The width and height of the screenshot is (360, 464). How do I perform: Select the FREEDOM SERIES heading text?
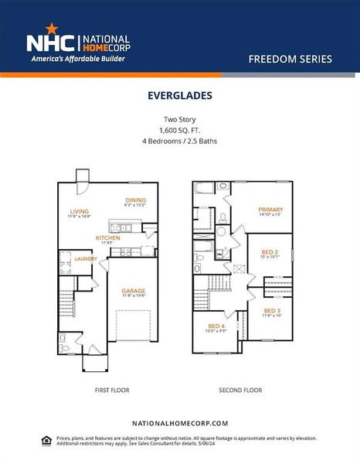[290, 59]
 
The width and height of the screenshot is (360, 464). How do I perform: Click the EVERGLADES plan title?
[179, 97]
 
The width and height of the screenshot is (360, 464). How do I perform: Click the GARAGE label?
[132, 291]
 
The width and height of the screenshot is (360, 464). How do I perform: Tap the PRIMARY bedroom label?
[270, 210]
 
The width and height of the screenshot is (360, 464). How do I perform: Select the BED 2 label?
[269, 253]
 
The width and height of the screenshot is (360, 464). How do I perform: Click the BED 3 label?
[272, 310]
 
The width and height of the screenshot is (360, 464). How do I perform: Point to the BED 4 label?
[216, 326]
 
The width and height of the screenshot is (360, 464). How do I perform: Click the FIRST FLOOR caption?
[104, 391]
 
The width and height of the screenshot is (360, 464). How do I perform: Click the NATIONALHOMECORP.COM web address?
[180, 423]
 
